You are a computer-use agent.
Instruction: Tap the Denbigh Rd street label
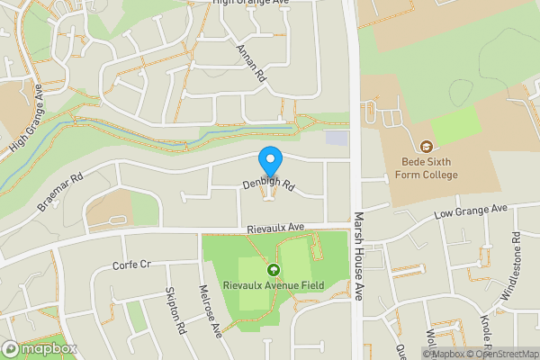[x=268, y=184]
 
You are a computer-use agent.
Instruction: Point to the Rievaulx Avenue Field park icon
[x=273, y=268]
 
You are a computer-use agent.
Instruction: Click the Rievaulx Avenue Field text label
[x=273, y=286]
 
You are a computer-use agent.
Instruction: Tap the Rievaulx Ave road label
[x=277, y=230]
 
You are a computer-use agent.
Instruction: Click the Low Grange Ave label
[x=471, y=211]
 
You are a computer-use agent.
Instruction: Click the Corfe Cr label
[x=130, y=265]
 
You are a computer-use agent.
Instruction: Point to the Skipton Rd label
[x=175, y=311]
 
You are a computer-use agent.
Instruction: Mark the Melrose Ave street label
[x=211, y=311]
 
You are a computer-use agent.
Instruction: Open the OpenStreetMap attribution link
[x=501, y=354]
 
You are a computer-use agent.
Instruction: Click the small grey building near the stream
[x=336, y=138]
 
